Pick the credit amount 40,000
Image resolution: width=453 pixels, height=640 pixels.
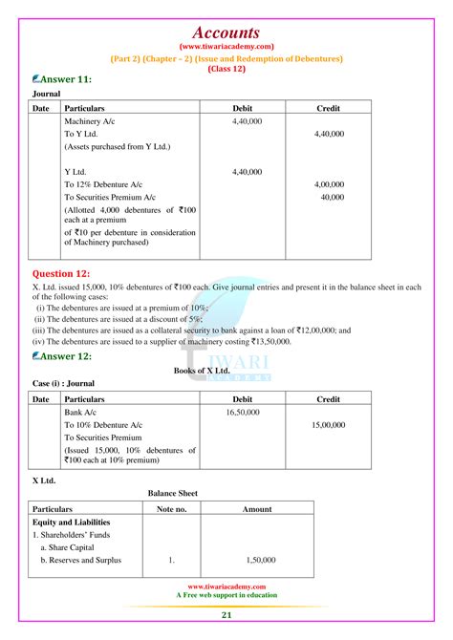(333, 197)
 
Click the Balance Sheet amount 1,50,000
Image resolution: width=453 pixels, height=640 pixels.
(257, 560)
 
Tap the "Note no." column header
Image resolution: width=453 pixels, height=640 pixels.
(170, 509)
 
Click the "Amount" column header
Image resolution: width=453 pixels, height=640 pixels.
(257, 509)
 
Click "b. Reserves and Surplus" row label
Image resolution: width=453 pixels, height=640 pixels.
(81, 560)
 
